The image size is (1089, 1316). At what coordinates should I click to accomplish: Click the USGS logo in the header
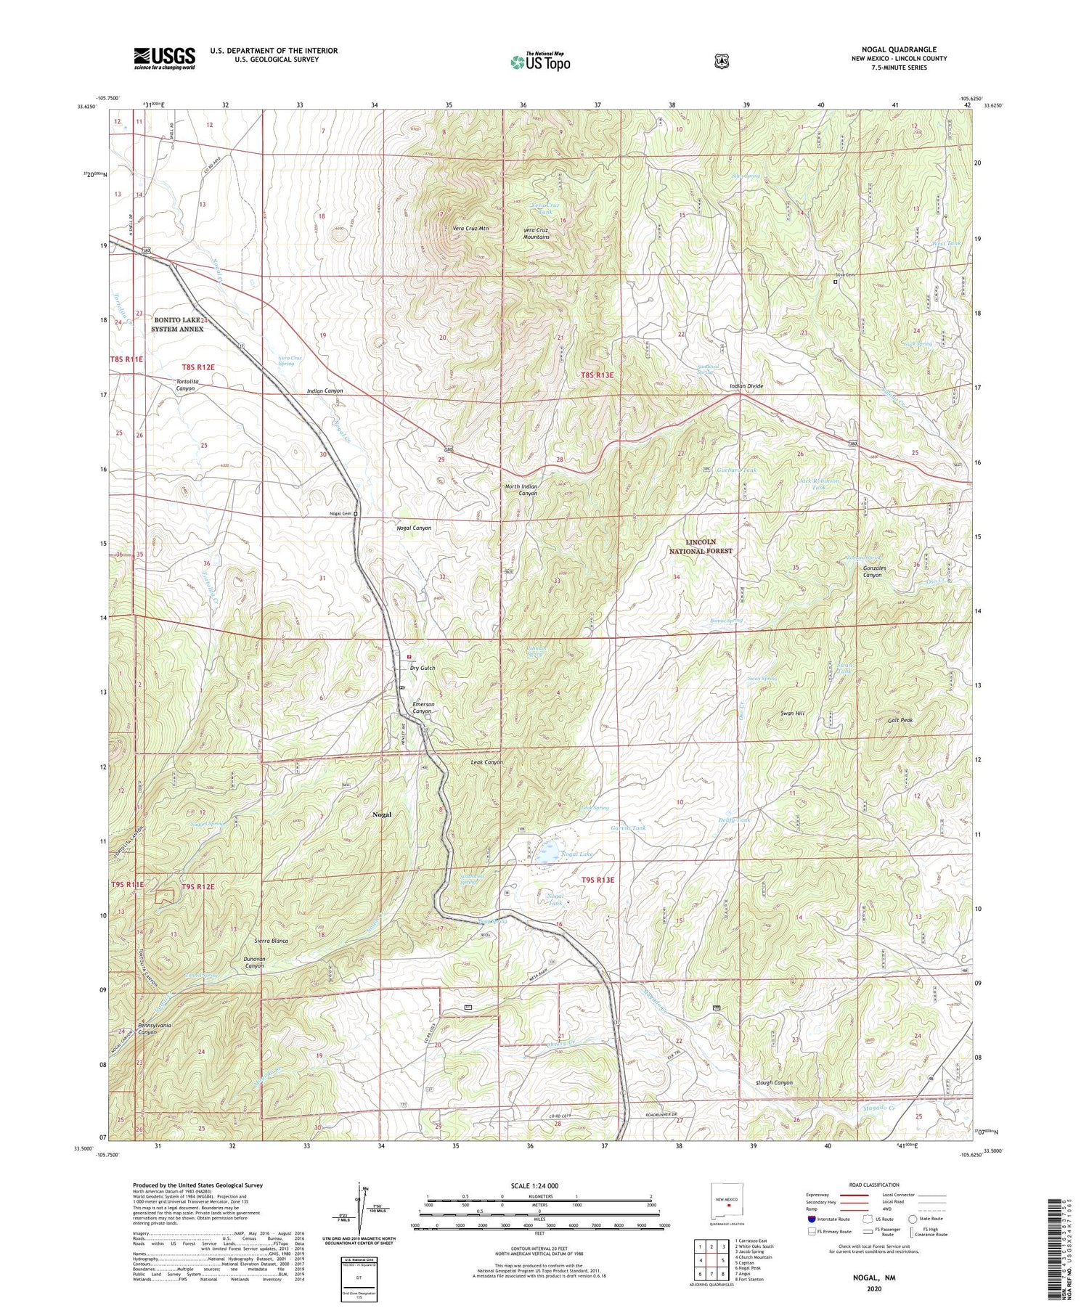pos(164,58)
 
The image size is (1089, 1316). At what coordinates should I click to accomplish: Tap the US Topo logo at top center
pos(540,62)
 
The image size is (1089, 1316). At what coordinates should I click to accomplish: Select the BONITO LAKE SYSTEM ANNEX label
pos(177,324)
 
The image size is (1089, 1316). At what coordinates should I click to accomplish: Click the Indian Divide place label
pos(746,386)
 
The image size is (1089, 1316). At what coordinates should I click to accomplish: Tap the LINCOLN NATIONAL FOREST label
pos(701,547)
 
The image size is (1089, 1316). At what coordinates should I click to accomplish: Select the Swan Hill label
pos(792,714)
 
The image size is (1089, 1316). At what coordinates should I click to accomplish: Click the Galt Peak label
pos(900,721)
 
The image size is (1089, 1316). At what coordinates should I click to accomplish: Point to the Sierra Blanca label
pos(272,941)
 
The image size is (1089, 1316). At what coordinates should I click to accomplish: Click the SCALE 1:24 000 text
pos(539,1185)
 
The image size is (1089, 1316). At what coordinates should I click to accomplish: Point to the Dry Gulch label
pos(423,668)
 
